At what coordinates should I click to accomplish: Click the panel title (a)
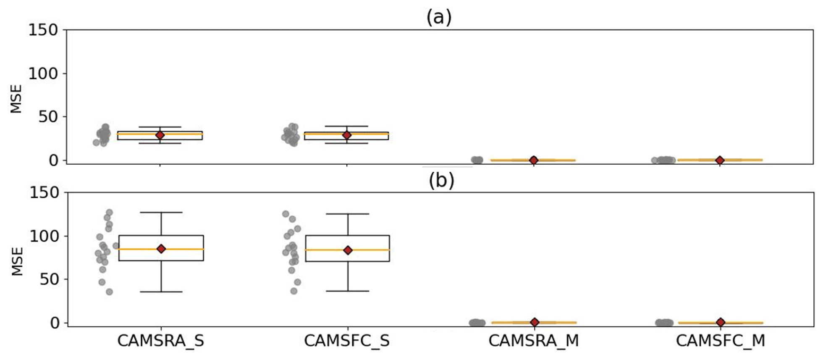[439, 18]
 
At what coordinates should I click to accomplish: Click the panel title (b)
[441, 181]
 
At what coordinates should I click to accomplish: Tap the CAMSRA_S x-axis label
[160, 341]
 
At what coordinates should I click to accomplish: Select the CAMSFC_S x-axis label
[347, 341]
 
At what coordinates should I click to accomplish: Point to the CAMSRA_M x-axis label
[534, 341]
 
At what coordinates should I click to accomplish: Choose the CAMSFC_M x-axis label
[720, 341]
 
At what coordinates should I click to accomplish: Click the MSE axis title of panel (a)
[16, 99]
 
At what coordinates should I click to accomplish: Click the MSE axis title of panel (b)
[17, 261]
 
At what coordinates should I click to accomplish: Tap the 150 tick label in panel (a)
[43, 30]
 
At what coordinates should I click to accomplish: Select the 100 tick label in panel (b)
[44, 236]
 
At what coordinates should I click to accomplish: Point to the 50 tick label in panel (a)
[48, 117]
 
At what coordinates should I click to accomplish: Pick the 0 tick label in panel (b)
[55, 323]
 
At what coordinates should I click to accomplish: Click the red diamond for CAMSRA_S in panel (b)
[161, 249]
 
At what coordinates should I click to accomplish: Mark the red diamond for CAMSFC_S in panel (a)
[347, 135]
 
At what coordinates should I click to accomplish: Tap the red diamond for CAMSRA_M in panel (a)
[534, 160]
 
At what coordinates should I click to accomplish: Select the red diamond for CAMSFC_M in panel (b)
[721, 322]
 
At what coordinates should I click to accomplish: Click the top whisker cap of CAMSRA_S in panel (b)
[161, 212]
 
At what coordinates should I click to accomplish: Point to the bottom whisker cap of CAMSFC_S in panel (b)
[348, 291]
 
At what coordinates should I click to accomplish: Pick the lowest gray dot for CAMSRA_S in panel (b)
[109, 292]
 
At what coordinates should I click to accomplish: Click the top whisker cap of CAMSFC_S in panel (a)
[347, 126]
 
